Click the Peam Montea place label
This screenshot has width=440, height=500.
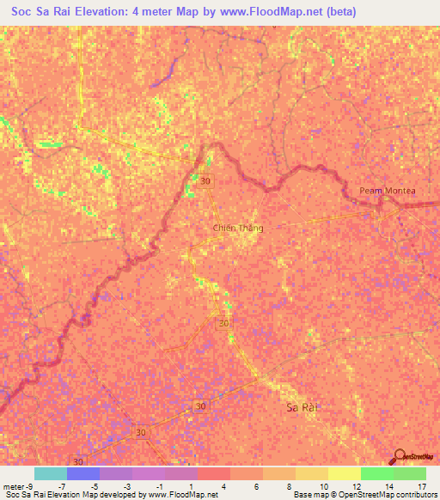click(x=387, y=191)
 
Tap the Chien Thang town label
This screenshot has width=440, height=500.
click(x=238, y=229)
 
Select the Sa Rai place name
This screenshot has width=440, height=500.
click(x=302, y=408)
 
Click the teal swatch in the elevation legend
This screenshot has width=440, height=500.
click(x=51, y=473)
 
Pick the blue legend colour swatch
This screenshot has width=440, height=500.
click(x=83, y=473)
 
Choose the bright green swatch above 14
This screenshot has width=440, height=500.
click(x=377, y=473)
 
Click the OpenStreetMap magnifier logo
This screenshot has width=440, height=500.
click(x=398, y=456)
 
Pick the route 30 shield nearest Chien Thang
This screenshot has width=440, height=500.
click(x=205, y=181)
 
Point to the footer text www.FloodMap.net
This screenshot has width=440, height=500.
click(x=182, y=495)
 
